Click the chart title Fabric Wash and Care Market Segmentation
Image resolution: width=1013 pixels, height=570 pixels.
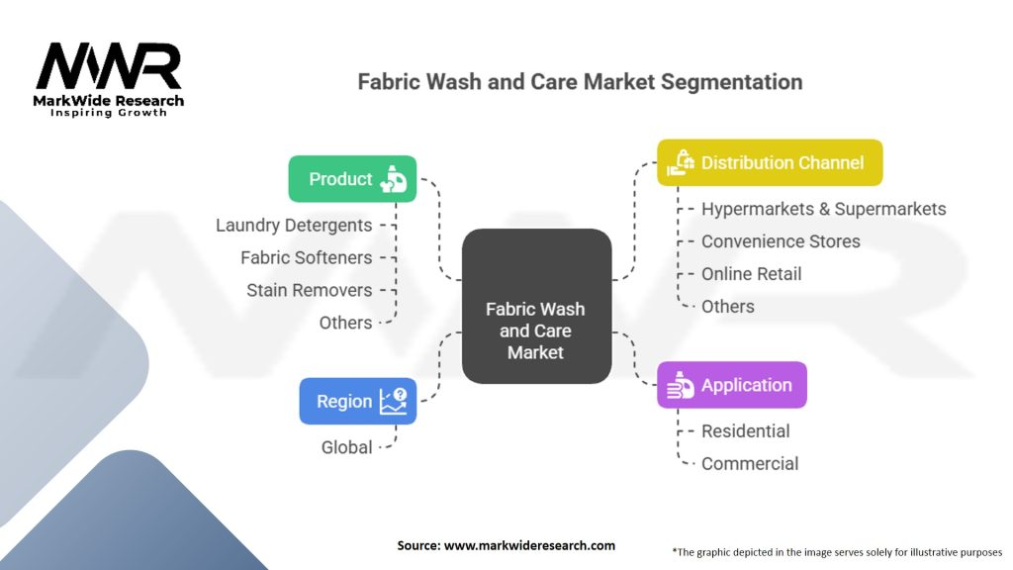[580, 81]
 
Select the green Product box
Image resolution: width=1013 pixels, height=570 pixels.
[352, 179]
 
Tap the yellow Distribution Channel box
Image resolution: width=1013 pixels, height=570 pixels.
[770, 162]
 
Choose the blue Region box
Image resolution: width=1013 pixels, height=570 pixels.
[357, 401]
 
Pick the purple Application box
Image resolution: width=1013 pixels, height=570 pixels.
[732, 385]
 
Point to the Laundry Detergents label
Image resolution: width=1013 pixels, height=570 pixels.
[294, 225]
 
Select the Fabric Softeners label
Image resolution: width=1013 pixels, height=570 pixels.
[307, 257]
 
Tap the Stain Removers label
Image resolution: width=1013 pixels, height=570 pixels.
[310, 290]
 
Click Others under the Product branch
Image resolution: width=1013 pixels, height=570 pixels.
[345, 323]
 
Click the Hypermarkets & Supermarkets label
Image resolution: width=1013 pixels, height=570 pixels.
[823, 209]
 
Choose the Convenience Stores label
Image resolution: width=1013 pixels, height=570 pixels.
[781, 241]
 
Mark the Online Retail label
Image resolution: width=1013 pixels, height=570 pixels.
[751, 274]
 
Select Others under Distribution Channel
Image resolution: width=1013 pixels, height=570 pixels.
[727, 307]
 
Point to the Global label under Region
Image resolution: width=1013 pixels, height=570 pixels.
[346, 447]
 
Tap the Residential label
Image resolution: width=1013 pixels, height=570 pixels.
[745, 431]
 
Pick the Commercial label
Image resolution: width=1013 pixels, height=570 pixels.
[749, 464]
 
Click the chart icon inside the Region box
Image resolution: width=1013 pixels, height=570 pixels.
[393, 401]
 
